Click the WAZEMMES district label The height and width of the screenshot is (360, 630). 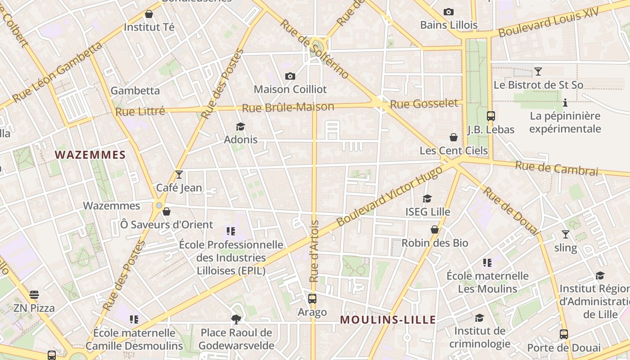coord(90,155)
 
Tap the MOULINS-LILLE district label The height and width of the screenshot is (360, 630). coord(387,320)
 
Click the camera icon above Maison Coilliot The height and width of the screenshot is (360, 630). coord(290,76)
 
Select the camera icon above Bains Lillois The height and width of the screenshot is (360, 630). coord(448,12)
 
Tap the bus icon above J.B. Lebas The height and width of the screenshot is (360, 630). coord(490,116)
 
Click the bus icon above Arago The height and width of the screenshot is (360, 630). coord(312,298)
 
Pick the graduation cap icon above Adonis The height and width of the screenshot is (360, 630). coord(241,126)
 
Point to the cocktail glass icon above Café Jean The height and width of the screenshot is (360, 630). coord(179,175)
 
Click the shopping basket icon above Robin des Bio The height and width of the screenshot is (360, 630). coord(435,230)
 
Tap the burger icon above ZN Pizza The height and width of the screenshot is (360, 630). coord(34,295)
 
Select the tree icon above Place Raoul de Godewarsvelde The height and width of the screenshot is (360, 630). coord(236,319)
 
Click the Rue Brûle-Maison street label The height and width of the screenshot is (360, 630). coord(288,108)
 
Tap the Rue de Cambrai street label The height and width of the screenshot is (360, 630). coord(557,168)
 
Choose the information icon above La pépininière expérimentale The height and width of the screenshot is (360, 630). coord(565,103)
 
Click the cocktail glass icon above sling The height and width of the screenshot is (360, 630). coord(565,234)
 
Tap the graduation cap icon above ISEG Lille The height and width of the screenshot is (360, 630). coord(427,198)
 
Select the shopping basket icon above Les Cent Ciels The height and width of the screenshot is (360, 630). coord(454,137)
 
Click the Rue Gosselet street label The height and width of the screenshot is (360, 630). coord(424,104)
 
